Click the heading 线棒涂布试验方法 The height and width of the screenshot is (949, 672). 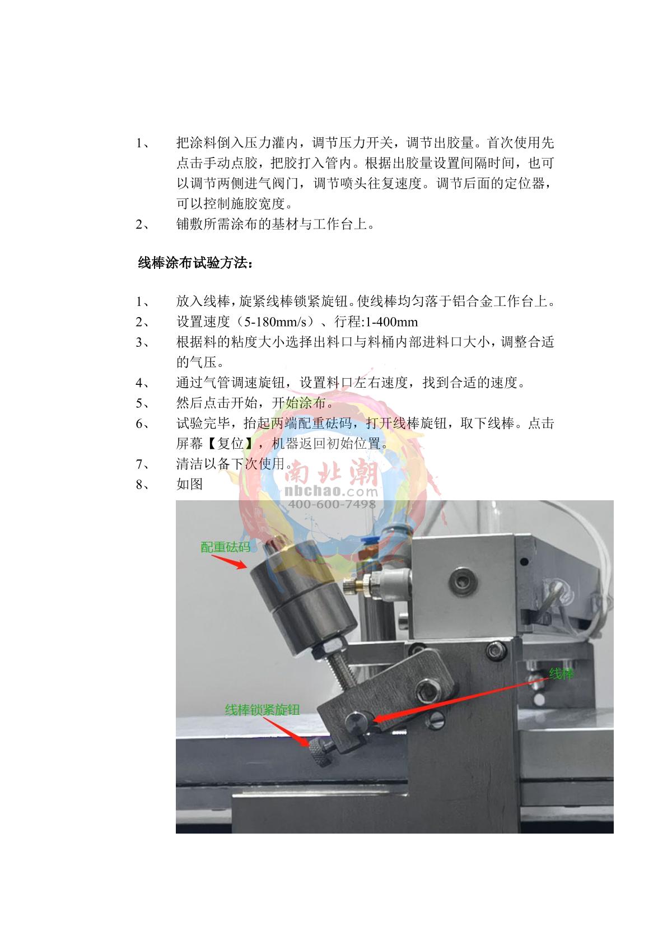pyautogui.click(x=195, y=263)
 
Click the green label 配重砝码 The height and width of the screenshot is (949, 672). pyautogui.click(x=225, y=547)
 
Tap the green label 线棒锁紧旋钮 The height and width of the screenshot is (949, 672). pyautogui.click(x=262, y=710)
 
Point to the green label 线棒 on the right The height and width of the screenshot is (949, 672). pyautogui.click(x=562, y=674)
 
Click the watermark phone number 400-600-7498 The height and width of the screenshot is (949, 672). pyautogui.click(x=332, y=504)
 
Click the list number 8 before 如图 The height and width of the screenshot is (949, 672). pyautogui.click(x=140, y=485)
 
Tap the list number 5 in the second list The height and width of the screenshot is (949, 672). pyautogui.click(x=140, y=403)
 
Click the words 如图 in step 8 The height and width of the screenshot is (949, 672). pyautogui.click(x=189, y=485)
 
